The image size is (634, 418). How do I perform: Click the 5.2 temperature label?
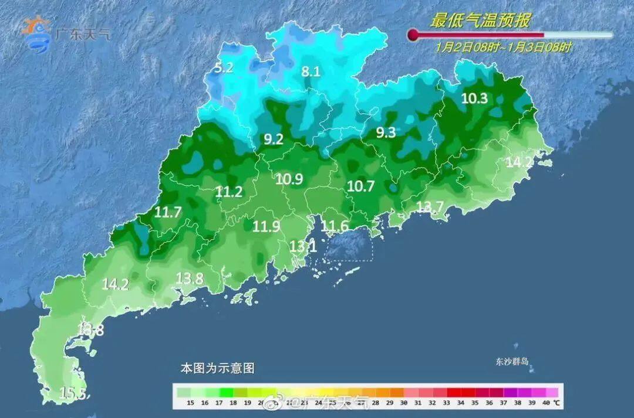pyautogui.click(x=224, y=68)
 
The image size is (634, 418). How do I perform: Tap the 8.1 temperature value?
pyautogui.click(x=311, y=72)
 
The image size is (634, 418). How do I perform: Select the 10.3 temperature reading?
pyautogui.click(x=474, y=98)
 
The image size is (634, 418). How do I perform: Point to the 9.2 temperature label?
pyautogui.click(x=274, y=140)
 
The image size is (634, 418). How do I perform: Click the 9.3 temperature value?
pyautogui.click(x=386, y=133)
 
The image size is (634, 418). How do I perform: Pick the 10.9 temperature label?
pyautogui.click(x=289, y=179)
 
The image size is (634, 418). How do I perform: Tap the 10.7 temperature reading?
pyautogui.click(x=360, y=186)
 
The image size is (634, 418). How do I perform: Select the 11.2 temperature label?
pyautogui.click(x=229, y=191)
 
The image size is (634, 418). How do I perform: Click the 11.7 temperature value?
pyautogui.click(x=167, y=213)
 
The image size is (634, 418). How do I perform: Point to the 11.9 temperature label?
pyautogui.click(x=266, y=226)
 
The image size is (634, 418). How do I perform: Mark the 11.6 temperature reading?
pyautogui.click(x=335, y=226)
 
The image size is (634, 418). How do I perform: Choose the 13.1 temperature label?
pyautogui.click(x=303, y=247)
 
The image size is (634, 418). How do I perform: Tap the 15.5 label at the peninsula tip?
pyautogui.click(x=75, y=393)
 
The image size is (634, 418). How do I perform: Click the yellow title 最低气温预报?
pyautogui.click(x=480, y=22)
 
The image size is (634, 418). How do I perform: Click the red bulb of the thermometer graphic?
pyautogui.click(x=413, y=35)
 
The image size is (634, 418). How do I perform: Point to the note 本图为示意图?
pyautogui.click(x=217, y=368)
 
